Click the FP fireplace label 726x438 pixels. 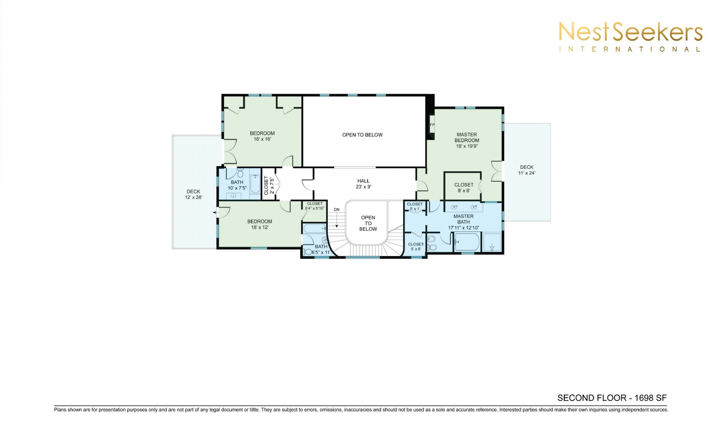[x=432, y=125]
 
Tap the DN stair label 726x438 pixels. [x=337, y=210]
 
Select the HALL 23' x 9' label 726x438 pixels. [x=363, y=184]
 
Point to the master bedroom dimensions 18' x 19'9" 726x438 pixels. [x=467, y=146]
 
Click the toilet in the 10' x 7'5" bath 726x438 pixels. [x=240, y=173]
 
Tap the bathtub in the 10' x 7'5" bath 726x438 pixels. [x=255, y=184]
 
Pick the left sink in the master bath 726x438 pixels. [x=455, y=207]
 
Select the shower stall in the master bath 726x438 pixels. [x=492, y=243]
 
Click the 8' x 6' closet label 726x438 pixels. [x=464, y=188]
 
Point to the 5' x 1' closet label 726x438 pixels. [x=415, y=207]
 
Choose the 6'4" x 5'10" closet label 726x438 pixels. [x=315, y=206]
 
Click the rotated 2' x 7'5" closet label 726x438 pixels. [x=268, y=185]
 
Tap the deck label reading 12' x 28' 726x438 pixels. [x=193, y=194]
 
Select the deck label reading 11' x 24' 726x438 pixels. [x=527, y=170]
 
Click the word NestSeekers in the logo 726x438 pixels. [x=630, y=32]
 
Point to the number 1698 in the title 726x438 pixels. [x=642, y=398]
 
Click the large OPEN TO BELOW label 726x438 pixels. [x=362, y=135]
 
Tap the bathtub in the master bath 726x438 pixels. [x=467, y=242]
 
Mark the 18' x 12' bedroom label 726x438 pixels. [x=260, y=224]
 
